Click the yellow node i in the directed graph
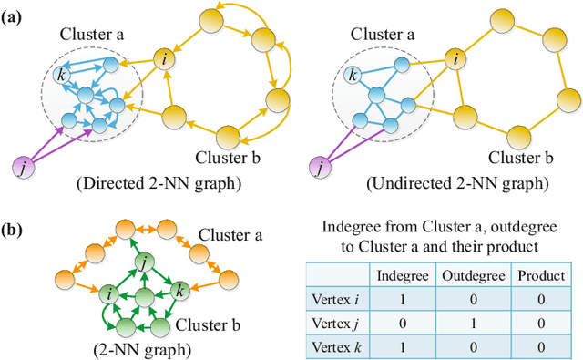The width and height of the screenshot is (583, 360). pos(163,60)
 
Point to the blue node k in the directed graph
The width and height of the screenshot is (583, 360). pos(61,74)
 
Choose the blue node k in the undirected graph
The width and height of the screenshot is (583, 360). pos(353,74)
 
